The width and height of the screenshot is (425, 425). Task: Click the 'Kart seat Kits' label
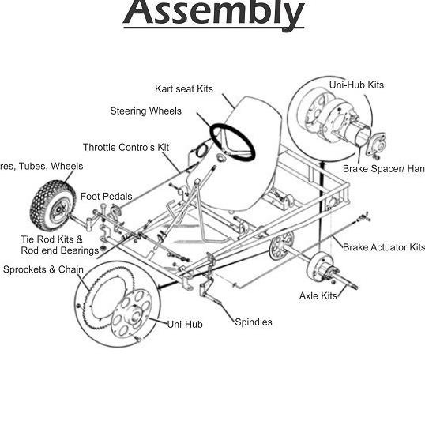tap(184, 88)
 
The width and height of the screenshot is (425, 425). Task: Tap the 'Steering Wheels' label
tap(145, 111)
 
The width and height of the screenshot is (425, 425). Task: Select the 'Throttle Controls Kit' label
tap(126, 147)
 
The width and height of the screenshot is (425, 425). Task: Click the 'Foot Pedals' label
tap(107, 196)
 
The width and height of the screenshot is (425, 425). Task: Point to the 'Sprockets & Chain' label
tap(43, 269)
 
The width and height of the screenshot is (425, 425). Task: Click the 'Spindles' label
tap(254, 322)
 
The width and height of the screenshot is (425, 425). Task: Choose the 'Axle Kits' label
tap(318, 295)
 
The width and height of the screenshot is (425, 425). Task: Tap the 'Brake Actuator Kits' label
tap(383, 247)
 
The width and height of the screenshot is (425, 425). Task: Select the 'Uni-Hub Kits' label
tap(356, 85)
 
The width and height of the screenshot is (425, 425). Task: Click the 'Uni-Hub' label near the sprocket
tap(185, 324)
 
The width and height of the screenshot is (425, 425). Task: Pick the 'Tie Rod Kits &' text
tap(51, 239)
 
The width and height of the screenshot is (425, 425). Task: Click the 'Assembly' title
tap(213, 14)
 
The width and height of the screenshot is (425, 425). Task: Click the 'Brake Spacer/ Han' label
tap(383, 168)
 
